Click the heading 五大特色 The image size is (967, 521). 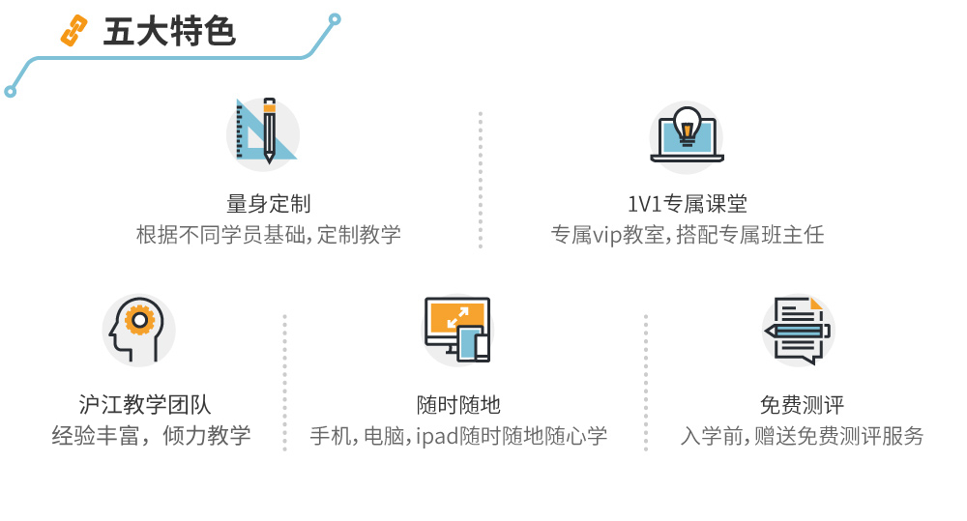click(x=169, y=32)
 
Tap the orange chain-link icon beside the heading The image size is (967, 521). click(x=74, y=32)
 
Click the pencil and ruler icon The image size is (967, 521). click(x=263, y=131)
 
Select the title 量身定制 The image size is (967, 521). click(x=268, y=203)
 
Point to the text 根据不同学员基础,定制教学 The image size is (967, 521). click(x=268, y=235)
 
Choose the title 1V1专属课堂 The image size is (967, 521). click(x=687, y=203)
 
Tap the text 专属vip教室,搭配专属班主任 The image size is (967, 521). click(x=687, y=235)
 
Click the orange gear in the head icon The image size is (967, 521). click(x=140, y=320)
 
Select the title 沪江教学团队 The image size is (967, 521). click(x=145, y=405)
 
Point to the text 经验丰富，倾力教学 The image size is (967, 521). click(x=151, y=436)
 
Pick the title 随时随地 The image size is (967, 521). click(x=458, y=405)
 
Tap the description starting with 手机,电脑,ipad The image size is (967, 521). click(x=458, y=436)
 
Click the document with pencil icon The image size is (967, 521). click(x=798, y=331)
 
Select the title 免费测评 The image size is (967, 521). click(x=802, y=405)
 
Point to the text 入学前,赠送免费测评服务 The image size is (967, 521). click(x=802, y=436)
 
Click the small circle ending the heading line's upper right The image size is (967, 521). click(x=335, y=19)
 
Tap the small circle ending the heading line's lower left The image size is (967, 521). click(x=10, y=92)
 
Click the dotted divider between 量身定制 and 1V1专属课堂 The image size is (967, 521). click(x=481, y=180)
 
